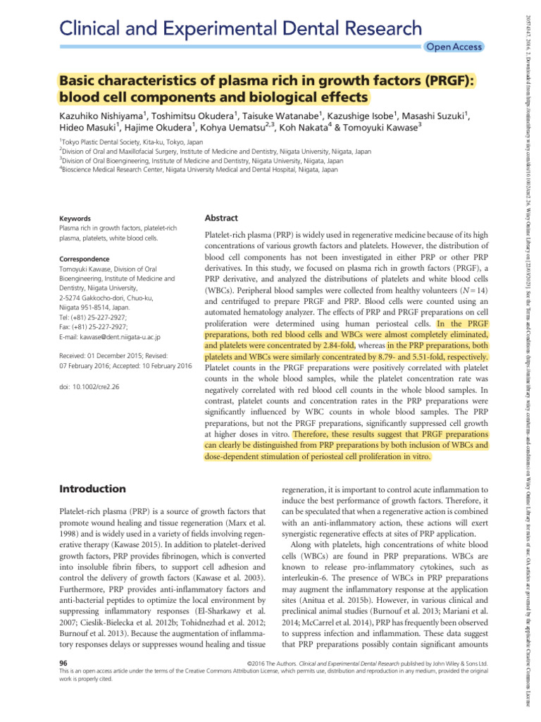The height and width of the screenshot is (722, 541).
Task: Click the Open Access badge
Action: coord(454,47)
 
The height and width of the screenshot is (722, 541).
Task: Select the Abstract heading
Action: coord(220,219)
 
